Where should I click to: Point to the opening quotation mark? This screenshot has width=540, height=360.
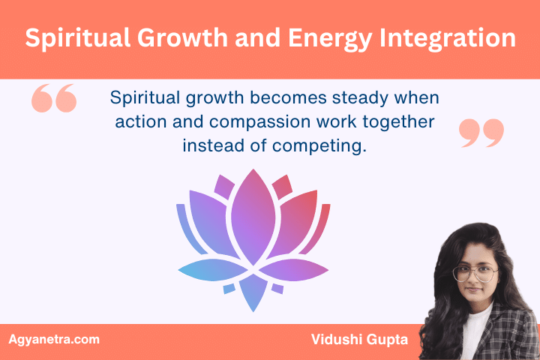(54, 99)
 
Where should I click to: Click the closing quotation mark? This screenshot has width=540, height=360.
(481, 132)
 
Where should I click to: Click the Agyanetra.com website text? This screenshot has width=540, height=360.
(53, 340)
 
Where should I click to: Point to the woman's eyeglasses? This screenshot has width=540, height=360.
(474, 271)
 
